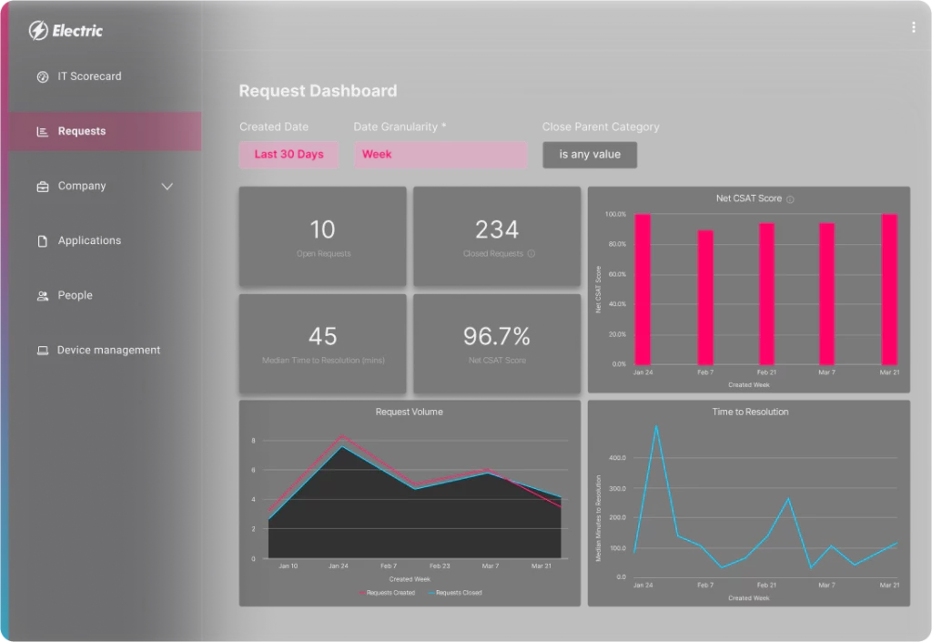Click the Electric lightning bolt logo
[38, 31]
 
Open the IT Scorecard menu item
[89, 76]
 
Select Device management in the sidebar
[108, 350]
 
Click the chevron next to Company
[167, 187]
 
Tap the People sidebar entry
[75, 295]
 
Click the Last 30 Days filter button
[289, 155]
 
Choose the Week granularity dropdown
[440, 155]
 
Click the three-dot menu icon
[913, 28]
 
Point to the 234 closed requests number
[497, 229]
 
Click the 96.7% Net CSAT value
[497, 337]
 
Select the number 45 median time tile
[322, 337]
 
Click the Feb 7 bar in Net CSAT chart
[705, 297]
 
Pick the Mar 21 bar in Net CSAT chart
[889, 289]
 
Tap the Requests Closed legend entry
[459, 593]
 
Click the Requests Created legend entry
[390, 593]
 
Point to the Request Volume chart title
[410, 412]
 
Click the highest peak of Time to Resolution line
[656, 426]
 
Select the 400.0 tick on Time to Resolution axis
[616, 458]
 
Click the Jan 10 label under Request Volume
[288, 566]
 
